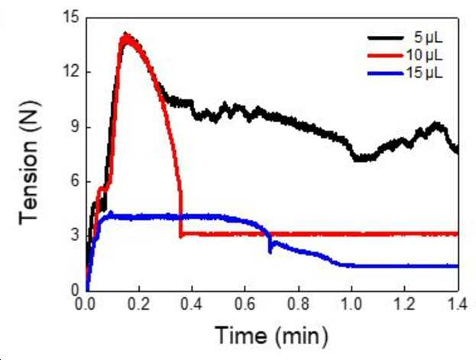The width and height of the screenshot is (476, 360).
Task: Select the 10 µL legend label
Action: pyautogui.click(x=424, y=55)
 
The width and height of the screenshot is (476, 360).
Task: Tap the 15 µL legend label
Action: pyautogui.click(x=424, y=73)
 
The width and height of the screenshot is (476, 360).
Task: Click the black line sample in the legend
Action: pyautogui.click(x=386, y=38)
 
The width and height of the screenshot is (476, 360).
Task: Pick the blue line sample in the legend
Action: pyautogui.click(x=386, y=73)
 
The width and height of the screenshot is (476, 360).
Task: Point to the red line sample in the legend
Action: pyautogui.click(x=386, y=56)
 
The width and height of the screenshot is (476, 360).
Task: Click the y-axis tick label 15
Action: pyautogui.click(x=70, y=17)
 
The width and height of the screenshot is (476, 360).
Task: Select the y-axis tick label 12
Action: pyautogui.click(x=70, y=72)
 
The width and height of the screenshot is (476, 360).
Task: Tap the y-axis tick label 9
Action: pyautogui.click(x=74, y=127)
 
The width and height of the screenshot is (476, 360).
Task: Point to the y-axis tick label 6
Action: pyautogui.click(x=74, y=181)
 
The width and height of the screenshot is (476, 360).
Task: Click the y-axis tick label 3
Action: pyautogui.click(x=74, y=235)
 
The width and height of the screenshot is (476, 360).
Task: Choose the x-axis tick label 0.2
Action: pyautogui.click(x=139, y=304)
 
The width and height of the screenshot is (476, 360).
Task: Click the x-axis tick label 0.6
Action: pyautogui.click(x=245, y=304)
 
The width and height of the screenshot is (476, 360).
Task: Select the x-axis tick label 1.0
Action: pyautogui.click(x=351, y=304)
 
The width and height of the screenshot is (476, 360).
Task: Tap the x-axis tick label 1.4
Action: pyautogui.click(x=456, y=304)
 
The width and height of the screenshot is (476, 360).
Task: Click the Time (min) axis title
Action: pyautogui.click(x=272, y=336)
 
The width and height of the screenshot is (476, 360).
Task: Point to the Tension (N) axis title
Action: pyautogui.click(x=29, y=163)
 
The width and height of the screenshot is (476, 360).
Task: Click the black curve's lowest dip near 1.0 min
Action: pyautogui.click(x=360, y=159)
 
